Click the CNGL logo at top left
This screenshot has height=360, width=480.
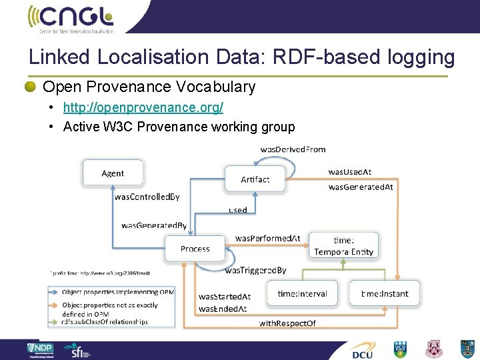click(x=70, y=18)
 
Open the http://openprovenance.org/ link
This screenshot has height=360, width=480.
click(x=143, y=107)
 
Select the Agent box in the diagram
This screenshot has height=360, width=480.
click(x=113, y=173)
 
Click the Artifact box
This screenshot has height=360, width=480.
click(x=255, y=179)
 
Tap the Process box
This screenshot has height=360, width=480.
click(x=195, y=249)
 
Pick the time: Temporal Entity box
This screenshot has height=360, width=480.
click(x=344, y=246)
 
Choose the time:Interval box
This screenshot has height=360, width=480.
click(x=301, y=293)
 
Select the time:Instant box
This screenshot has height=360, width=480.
click(x=384, y=293)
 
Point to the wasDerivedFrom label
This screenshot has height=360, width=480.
click(x=293, y=149)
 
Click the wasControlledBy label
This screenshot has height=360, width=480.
click(x=147, y=197)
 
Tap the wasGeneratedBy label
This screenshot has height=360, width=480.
click(x=154, y=225)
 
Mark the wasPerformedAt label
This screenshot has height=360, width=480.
click(x=267, y=238)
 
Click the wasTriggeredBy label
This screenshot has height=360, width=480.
click(x=255, y=270)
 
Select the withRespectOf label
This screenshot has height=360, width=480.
click(x=287, y=323)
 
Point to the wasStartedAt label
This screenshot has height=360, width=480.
click(x=224, y=296)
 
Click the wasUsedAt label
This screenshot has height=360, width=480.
click(x=350, y=172)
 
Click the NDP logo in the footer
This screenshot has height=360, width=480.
click(x=44, y=349)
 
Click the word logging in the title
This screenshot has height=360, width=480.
click(x=420, y=57)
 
